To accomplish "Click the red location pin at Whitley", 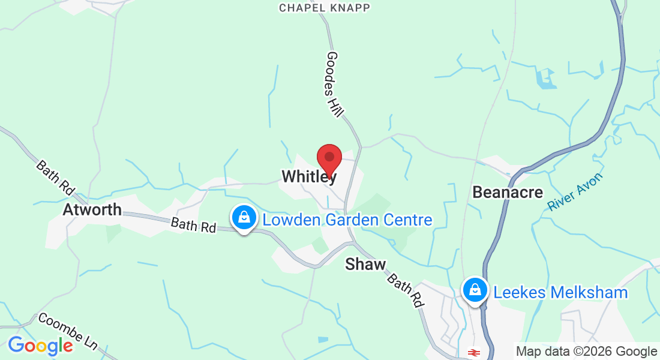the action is click(x=329, y=158).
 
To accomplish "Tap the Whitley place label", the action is click(x=309, y=176).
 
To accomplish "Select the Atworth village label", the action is click(x=92, y=210).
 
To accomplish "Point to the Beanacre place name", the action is click(x=508, y=192).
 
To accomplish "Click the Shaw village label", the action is click(x=365, y=264).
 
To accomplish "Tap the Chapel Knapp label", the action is click(x=325, y=8).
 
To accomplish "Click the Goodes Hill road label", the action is click(x=335, y=83).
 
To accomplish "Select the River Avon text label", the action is click(x=575, y=191).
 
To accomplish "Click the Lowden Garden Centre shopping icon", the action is click(x=244, y=217).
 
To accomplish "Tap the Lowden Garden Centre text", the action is click(x=347, y=220).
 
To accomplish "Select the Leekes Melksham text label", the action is click(x=560, y=293).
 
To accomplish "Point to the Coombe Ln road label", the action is click(x=68, y=331).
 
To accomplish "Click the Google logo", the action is click(x=40, y=346).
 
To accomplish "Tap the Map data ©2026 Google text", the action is click(x=586, y=352).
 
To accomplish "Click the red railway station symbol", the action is click(x=474, y=352).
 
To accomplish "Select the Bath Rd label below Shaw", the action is click(x=404, y=290).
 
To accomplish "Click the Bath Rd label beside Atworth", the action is click(x=193, y=226).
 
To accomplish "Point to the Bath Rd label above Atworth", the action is click(x=55, y=178).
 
